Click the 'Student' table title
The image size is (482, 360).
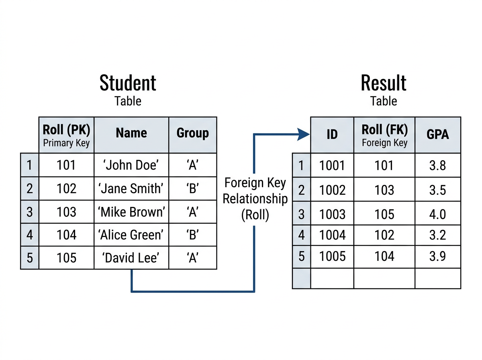(x=128, y=83)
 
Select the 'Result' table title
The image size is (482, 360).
(x=384, y=83)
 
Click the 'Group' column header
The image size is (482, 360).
(x=192, y=133)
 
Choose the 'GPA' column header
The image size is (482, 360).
(x=438, y=135)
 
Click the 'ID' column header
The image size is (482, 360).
(x=332, y=135)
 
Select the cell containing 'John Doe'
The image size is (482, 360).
(x=131, y=165)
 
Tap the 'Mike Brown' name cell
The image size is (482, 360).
(x=131, y=212)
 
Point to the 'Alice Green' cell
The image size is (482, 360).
(x=131, y=235)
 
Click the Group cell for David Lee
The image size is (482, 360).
(x=192, y=258)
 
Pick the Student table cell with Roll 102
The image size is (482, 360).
(x=66, y=188)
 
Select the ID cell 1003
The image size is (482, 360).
(x=332, y=214)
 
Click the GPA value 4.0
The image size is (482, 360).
(x=438, y=214)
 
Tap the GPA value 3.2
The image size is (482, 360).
(x=438, y=235)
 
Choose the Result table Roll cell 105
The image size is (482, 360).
(x=384, y=214)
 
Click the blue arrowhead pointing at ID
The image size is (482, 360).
(x=304, y=134)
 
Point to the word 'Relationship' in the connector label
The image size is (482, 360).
(x=255, y=199)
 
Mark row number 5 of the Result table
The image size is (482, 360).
(x=301, y=256)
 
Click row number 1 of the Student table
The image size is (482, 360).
(x=29, y=165)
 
